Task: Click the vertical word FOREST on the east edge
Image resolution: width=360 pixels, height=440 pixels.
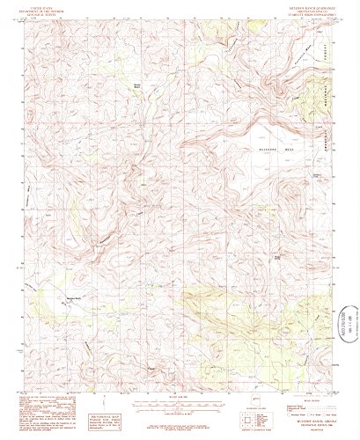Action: click(334, 65)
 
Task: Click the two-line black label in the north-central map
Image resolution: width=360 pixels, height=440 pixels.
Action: click(136, 84)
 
